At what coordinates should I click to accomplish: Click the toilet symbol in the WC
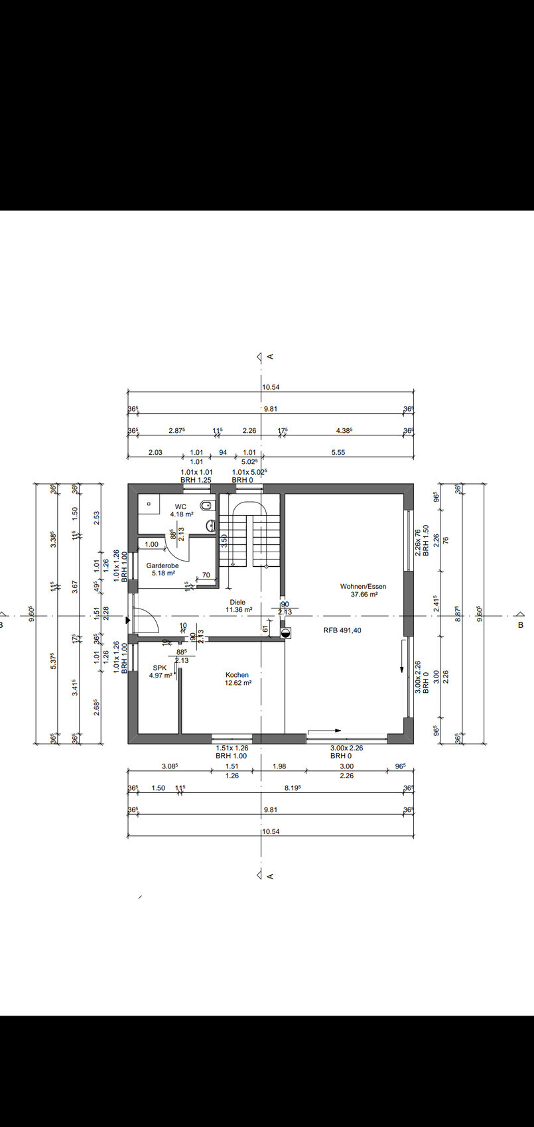click(206, 504)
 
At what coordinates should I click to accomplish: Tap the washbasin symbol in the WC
click(210, 526)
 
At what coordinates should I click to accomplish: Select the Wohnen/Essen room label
click(363, 586)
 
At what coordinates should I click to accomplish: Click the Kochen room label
click(237, 675)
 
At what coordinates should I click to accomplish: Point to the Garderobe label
click(163, 565)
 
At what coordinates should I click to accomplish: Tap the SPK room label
click(160, 668)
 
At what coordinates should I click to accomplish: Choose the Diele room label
click(237, 602)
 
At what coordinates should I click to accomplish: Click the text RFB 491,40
click(342, 630)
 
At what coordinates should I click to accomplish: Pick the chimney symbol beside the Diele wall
click(285, 633)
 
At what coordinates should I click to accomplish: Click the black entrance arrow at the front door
click(128, 621)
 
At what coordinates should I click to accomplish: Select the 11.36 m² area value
click(239, 609)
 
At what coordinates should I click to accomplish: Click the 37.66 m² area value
click(364, 594)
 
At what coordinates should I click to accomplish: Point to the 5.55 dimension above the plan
click(338, 452)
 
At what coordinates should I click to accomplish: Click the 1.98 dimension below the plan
click(279, 766)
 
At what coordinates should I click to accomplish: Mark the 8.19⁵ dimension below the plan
click(293, 788)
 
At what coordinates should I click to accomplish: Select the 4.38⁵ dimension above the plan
click(344, 430)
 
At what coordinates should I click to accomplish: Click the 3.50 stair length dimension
click(224, 540)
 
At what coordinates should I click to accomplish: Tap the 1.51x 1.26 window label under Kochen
click(232, 748)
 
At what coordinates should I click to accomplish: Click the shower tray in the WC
click(149, 504)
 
